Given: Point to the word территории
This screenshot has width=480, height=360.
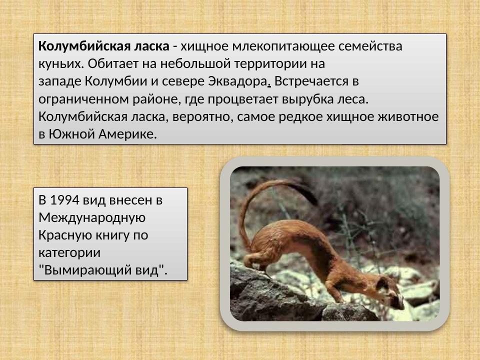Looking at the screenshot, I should (271, 64).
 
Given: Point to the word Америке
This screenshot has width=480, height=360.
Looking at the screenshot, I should (128, 134).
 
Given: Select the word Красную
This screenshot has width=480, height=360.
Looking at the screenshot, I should (62, 235).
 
